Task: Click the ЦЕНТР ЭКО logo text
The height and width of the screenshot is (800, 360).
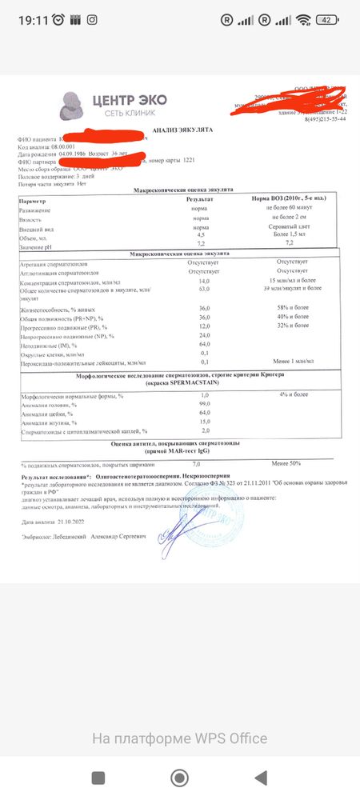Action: tap(129, 100)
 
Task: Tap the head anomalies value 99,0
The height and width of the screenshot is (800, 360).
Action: tap(204, 405)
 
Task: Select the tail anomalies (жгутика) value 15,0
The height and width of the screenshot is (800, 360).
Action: tap(204, 422)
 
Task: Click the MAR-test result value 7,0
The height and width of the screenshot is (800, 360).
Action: tap(197, 463)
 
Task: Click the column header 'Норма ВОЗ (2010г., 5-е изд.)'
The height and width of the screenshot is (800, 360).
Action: tap(287, 197)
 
